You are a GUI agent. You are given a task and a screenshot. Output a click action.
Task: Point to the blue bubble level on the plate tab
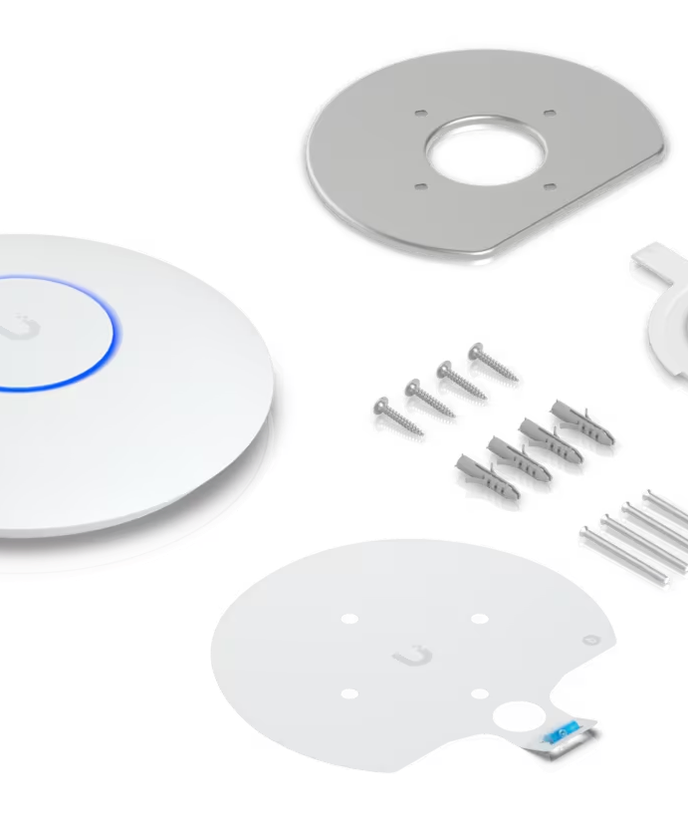coord(565,733)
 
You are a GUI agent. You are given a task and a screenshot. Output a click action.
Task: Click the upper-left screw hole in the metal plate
coord(420,114)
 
